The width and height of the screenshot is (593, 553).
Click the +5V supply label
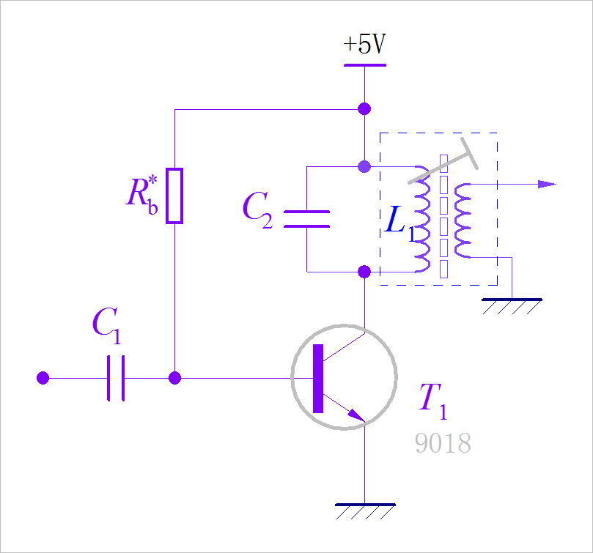click(x=364, y=45)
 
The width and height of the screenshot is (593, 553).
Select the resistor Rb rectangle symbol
click(x=174, y=196)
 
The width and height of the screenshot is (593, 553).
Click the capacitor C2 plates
click(x=306, y=219)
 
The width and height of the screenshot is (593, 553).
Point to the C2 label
click(x=257, y=209)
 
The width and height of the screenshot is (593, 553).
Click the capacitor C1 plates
click(x=116, y=378)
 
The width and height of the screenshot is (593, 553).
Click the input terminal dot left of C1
click(x=43, y=378)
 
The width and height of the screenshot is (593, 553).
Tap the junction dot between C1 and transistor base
click(x=174, y=378)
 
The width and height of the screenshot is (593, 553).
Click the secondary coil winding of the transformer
click(x=463, y=220)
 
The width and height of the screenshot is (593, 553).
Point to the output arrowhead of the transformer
click(x=547, y=184)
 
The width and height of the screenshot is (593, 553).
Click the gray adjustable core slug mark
click(x=444, y=165)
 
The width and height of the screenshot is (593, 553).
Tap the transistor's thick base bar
click(x=318, y=378)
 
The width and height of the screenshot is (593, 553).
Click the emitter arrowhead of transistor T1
click(x=356, y=415)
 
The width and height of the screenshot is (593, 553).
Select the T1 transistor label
click(x=432, y=399)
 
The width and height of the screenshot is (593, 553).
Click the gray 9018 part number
click(x=443, y=443)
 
